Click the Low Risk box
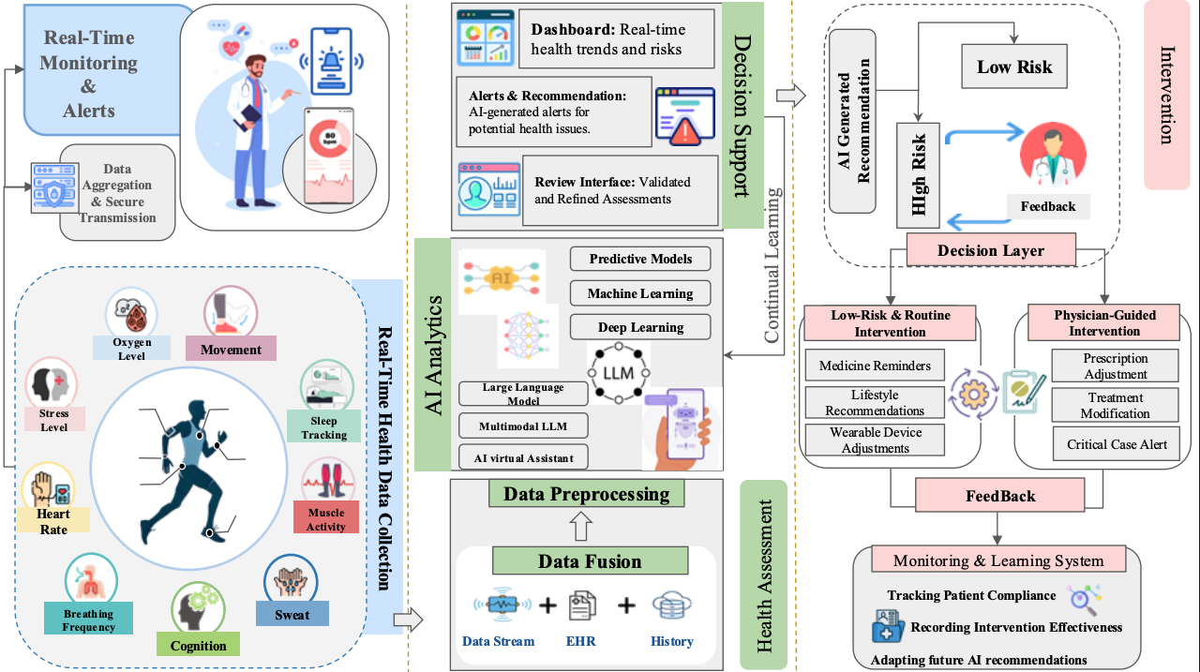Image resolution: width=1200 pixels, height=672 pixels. (x=1014, y=67)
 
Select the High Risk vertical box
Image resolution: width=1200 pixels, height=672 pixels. (x=918, y=174)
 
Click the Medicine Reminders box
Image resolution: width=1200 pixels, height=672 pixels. (x=875, y=366)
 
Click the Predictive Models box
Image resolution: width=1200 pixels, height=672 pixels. (x=640, y=259)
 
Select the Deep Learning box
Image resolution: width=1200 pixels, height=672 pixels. (x=640, y=327)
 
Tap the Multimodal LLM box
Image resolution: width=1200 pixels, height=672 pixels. (x=523, y=426)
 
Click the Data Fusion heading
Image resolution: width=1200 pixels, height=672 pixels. (x=590, y=561)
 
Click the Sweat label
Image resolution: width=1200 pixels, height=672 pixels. (x=292, y=614)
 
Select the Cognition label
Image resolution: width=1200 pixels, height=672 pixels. (x=198, y=645)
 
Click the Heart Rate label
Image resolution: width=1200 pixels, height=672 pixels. (x=53, y=522)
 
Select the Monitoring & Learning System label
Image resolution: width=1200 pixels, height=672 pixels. (x=997, y=560)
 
